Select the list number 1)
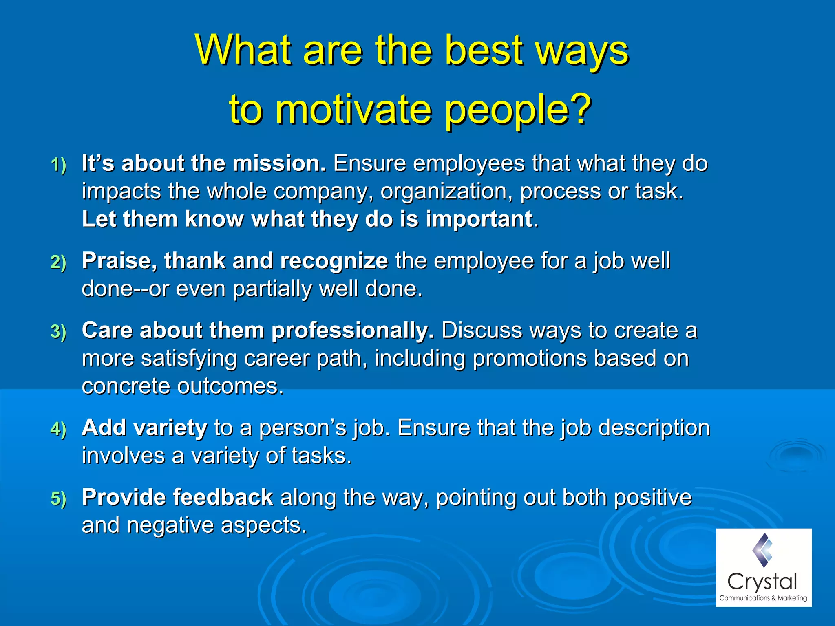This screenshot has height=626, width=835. coord(58,165)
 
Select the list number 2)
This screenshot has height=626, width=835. coord(58,262)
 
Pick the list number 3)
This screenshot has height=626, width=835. coord(58,331)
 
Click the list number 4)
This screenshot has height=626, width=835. coord(58,429)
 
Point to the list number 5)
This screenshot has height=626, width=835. coord(58,498)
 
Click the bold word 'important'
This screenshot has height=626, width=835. coord(479,219)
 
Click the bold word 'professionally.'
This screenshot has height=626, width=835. coord(353,331)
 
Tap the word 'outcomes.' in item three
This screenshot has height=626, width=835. coord(230,386)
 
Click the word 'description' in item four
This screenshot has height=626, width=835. coord(654,428)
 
